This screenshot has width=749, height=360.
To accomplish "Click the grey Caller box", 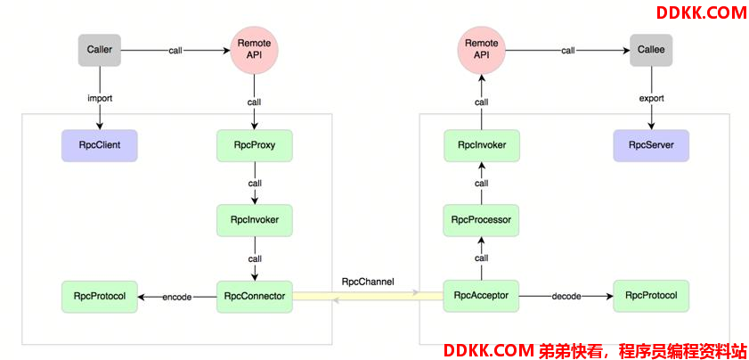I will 99,49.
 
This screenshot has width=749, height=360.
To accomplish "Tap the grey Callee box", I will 651,50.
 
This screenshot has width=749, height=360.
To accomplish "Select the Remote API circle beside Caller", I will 255,50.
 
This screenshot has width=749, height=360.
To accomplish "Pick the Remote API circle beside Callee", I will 481,50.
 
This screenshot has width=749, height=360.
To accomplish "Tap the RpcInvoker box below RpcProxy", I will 255,219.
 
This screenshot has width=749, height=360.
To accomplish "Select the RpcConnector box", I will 255,296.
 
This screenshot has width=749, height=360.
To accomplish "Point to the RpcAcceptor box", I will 481,296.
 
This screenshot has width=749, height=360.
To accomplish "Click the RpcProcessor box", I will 481,219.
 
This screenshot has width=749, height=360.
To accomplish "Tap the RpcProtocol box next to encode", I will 99,296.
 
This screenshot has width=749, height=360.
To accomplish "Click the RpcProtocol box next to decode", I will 651,296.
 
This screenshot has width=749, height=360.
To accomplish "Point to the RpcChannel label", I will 368,282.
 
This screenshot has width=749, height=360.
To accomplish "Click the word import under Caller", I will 99,99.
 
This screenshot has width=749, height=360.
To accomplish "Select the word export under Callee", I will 651,99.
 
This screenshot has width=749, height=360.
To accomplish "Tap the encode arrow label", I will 177,297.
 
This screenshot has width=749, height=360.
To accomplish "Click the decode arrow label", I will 566,297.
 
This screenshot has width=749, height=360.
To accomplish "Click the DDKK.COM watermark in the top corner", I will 701,12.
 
